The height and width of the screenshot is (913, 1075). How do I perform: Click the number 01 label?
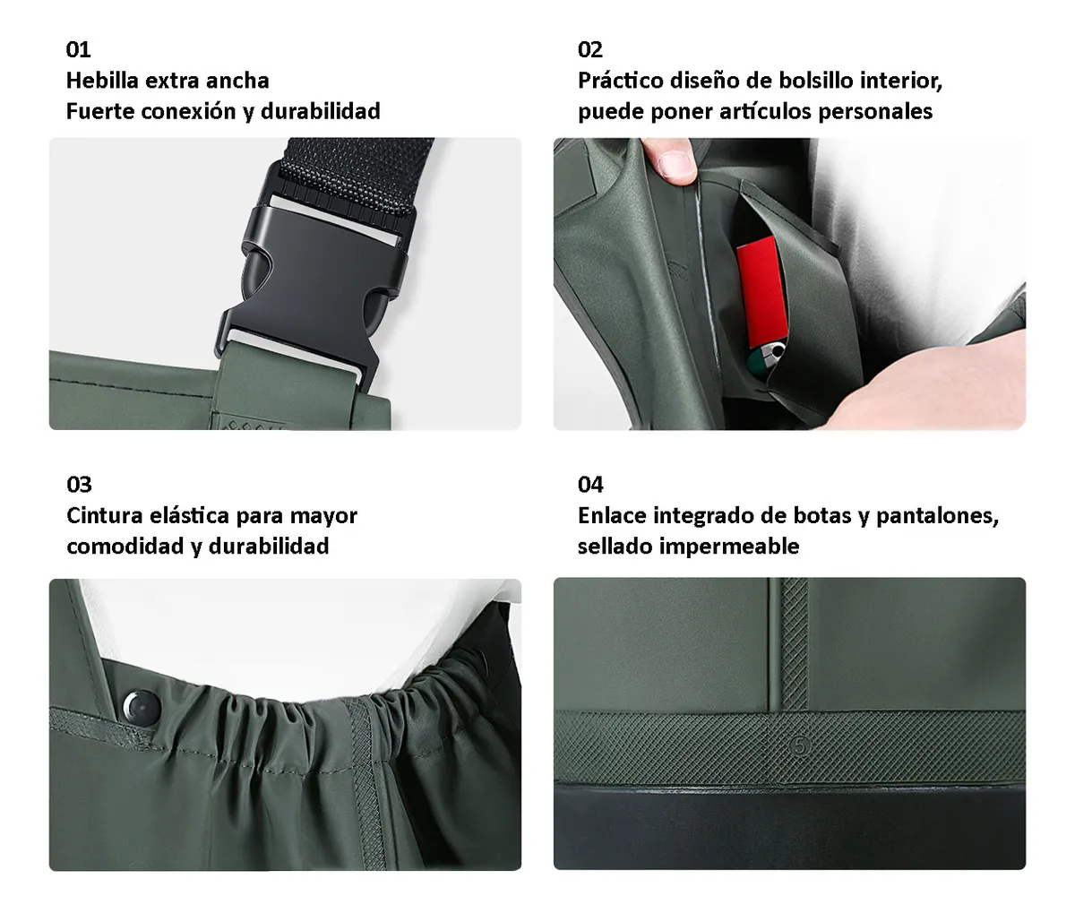click(78, 50)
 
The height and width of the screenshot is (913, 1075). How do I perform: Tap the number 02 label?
click(590, 50)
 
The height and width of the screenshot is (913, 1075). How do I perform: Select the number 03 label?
click(79, 485)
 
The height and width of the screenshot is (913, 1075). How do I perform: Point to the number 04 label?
click(590, 485)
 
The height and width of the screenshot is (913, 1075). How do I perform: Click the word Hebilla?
click(102, 81)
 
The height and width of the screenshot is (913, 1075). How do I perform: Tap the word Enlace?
click(612, 515)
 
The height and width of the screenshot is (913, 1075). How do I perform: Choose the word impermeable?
click(730, 547)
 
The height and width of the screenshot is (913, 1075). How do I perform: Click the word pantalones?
click(937, 516)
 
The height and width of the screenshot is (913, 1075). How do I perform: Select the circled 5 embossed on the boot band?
click(800, 745)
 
